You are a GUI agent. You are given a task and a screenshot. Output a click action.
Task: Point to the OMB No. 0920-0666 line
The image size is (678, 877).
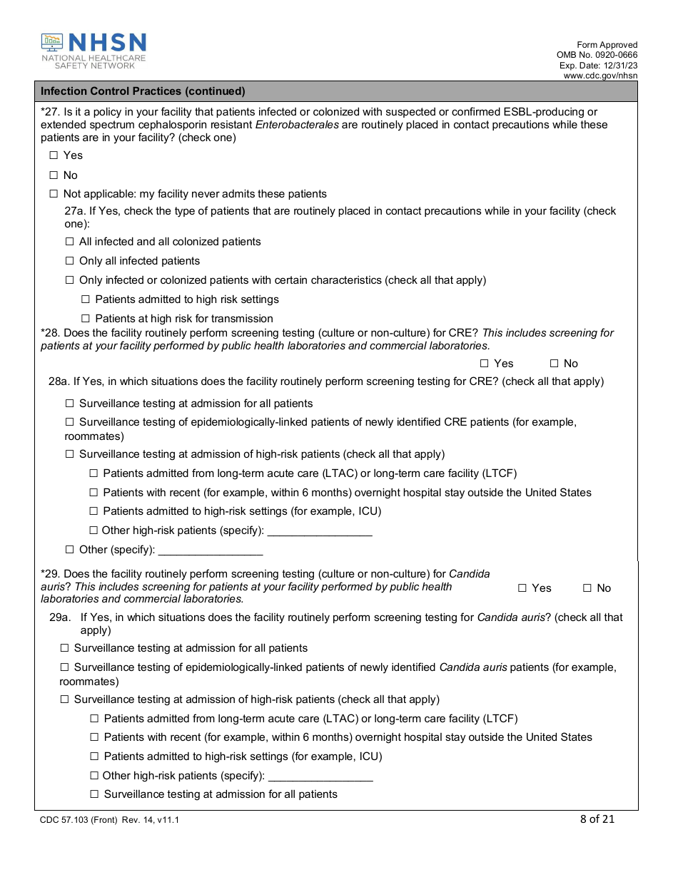coord(597,55)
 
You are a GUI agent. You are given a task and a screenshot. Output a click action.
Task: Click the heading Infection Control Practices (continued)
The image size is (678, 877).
coord(143,91)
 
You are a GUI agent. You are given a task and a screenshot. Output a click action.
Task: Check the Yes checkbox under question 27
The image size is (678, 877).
coord(54,155)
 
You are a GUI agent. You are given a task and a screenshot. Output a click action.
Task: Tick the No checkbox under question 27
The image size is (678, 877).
coord(54,175)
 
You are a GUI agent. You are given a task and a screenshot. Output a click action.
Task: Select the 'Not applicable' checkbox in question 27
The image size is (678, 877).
coord(54,194)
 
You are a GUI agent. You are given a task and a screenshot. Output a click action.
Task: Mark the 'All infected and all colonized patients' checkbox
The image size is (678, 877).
coord(70,242)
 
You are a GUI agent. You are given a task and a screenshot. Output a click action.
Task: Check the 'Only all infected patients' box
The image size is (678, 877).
coord(70,261)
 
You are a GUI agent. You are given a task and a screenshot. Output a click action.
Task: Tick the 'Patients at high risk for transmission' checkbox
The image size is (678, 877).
coord(86,319)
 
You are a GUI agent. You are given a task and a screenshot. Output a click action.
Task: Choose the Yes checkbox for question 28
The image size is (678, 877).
coord(485,364)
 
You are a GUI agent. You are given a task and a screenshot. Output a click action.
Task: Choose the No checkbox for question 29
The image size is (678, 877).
coord(587,588)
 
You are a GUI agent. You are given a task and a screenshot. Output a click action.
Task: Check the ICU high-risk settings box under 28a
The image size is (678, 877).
coord(93,511)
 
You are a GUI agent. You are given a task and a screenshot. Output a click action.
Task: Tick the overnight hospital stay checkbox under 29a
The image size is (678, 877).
coord(94,737)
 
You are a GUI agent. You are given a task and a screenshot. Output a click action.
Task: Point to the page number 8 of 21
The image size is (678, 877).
coord(597,819)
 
